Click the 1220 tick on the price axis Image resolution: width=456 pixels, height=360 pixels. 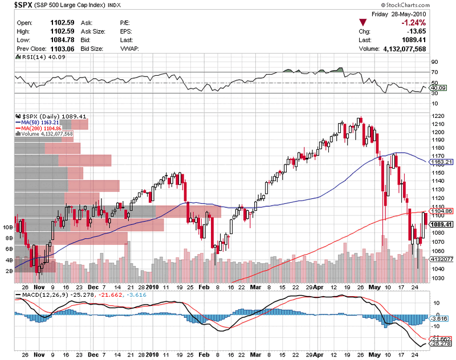(438, 116)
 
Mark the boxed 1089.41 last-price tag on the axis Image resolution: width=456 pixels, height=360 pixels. (439, 224)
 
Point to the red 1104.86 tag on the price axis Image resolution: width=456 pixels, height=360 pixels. (439, 211)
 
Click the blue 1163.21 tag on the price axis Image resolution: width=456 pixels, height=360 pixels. (439, 162)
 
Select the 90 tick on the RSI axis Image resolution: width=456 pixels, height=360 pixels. (434, 62)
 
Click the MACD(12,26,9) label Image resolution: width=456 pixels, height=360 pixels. (40, 294)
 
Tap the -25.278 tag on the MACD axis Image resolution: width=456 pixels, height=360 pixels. (441, 343)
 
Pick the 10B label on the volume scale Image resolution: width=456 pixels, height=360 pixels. (8, 227)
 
